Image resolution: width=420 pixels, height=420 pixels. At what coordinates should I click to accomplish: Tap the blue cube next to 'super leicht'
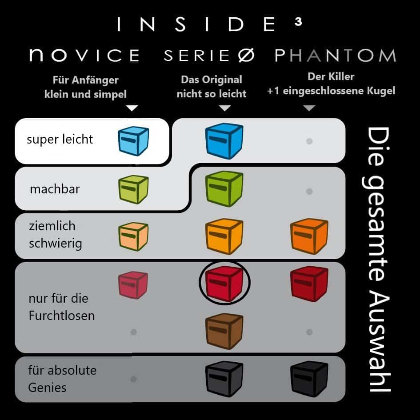[x=133, y=141]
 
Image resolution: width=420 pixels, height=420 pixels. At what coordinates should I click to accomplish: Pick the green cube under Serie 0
[x=224, y=188]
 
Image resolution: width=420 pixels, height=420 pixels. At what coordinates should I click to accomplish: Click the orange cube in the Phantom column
[x=309, y=236]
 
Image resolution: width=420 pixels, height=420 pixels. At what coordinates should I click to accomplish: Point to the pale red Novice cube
[x=133, y=285]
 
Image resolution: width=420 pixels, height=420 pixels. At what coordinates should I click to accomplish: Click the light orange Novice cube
[x=133, y=236]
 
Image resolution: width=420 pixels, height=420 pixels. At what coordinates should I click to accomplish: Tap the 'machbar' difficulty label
[x=55, y=189]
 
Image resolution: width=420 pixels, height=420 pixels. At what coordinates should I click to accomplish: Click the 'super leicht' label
[x=60, y=140]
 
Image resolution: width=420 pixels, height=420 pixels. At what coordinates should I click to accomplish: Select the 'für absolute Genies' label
[x=62, y=379]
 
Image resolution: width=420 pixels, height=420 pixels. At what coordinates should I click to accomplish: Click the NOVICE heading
[x=84, y=55]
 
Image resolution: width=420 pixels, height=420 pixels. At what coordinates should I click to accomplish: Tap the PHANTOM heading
[x=335, y=56]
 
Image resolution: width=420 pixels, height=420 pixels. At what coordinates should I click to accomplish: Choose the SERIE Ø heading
[x=209, y=56]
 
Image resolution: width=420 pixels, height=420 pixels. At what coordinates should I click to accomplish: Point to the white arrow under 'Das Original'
[x=225, y=108]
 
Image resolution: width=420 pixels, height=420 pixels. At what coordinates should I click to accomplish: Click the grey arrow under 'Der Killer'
[x=309, y=108]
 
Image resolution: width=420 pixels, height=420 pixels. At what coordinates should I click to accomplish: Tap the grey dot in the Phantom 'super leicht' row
[x=309, y=141]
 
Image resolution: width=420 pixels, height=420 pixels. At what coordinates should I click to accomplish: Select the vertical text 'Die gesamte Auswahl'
[x=377, y=260]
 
